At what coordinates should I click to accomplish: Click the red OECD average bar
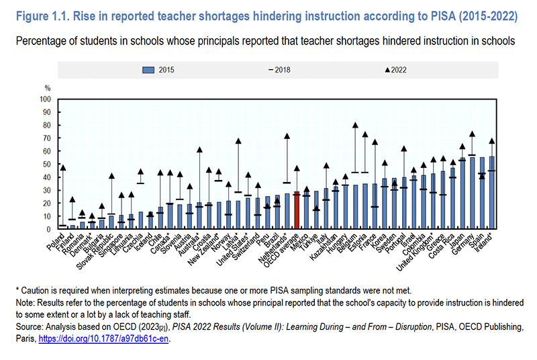(x=297, y=211)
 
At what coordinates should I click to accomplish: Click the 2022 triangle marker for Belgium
(x=355, y=126)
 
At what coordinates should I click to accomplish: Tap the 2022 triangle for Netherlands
(x=287, y=136)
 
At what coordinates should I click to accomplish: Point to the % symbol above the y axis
(x=48, y=88)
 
